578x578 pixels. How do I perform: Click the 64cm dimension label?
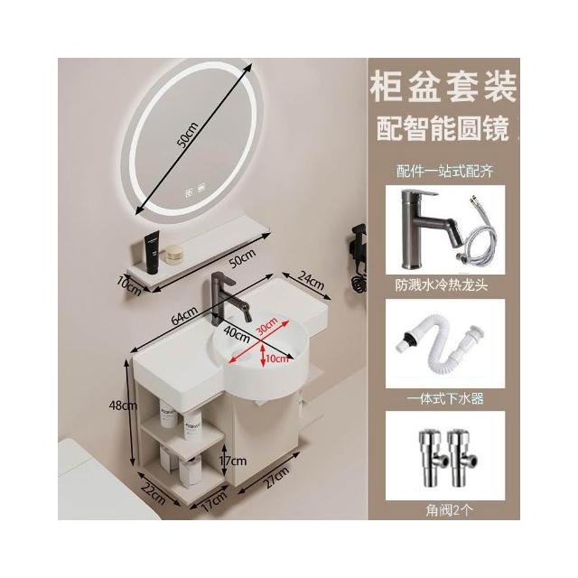coord(184,316)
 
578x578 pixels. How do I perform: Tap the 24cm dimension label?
coord(311,281)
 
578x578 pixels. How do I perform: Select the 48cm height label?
coord(123,406)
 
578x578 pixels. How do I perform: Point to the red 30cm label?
coord(267,325)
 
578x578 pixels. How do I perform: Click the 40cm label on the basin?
coord(237,334)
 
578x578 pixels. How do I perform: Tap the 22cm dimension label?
coord(152,494)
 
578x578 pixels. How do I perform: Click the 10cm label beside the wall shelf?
coord(129,285)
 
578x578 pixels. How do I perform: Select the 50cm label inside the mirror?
coord(188,135)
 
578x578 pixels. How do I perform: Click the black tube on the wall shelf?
coord(152,252)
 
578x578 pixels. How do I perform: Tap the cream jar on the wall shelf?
coord(173,255)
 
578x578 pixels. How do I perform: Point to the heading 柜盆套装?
coord(443,87)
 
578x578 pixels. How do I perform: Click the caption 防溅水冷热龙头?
coord(442,285)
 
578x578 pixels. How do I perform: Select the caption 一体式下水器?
coord(445,398)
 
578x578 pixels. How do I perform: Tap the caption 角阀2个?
coord(449,510)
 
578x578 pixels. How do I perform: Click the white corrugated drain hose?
coord(441,344)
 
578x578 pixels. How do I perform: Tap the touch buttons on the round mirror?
coord(195,192)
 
